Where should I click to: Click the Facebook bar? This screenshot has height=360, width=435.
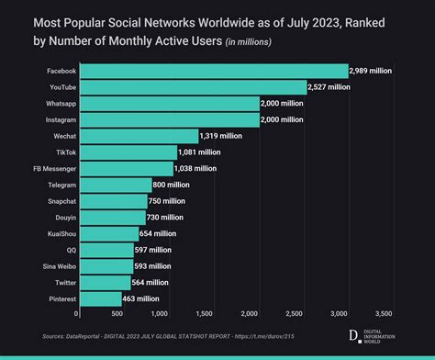click(x=212, y=71)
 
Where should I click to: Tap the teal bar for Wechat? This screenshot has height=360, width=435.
click(x=137, y=136)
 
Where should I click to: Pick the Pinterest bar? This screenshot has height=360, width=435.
click(x=98, y=298)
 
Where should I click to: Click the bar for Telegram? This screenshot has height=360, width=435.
click(x=114, y=185)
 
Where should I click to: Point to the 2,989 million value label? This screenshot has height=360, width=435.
click(x=375, y=71)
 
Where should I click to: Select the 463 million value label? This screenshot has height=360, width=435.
click(x=141, y=298)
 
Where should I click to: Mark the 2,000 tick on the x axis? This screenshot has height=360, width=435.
click(x=258, y=314)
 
